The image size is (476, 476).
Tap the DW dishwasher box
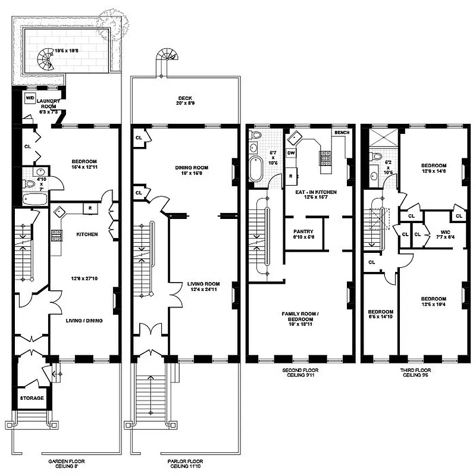[291, 153]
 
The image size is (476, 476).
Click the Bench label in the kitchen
[341, 132]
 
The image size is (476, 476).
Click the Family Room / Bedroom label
[301, 316]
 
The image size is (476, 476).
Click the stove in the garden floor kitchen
[57, 234]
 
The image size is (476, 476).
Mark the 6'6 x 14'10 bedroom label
[380, 315]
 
